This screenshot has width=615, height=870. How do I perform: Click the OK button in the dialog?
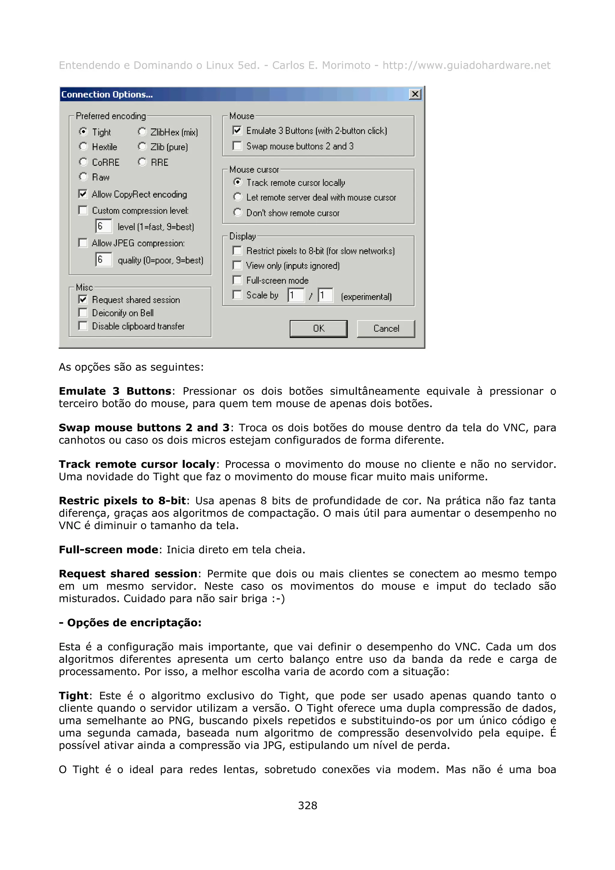[x=318, y=328]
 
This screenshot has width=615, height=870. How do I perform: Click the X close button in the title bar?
[x=415, y=94]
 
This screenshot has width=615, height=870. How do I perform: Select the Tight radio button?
[x=83, y=131]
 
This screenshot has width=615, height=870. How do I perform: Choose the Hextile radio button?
[x=83, y=146]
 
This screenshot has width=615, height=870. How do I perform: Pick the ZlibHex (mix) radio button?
[x=142, y=131]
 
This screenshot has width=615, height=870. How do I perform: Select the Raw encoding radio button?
[x=83, y=177]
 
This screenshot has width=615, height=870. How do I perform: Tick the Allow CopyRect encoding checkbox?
[x=83, y=194]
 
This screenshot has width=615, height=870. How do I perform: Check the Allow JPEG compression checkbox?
[x=83, y=243]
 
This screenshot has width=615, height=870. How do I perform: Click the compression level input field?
[x=103, y=226]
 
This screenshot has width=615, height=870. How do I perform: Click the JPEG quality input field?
[x=103, y=260]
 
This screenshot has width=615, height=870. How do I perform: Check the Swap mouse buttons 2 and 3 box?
[x=237, y=146]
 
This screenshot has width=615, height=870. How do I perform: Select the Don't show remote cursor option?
[x=238, y=212]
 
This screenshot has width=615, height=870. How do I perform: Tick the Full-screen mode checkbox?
[x=237, y=280]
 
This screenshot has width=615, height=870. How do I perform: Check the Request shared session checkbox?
[x=83, y=299]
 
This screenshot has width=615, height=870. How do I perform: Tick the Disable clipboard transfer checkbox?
[x=83, y=326]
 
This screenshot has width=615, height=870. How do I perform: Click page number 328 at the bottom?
[x=307, y=805]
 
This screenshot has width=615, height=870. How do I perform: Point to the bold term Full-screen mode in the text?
[x=108, y=549]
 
